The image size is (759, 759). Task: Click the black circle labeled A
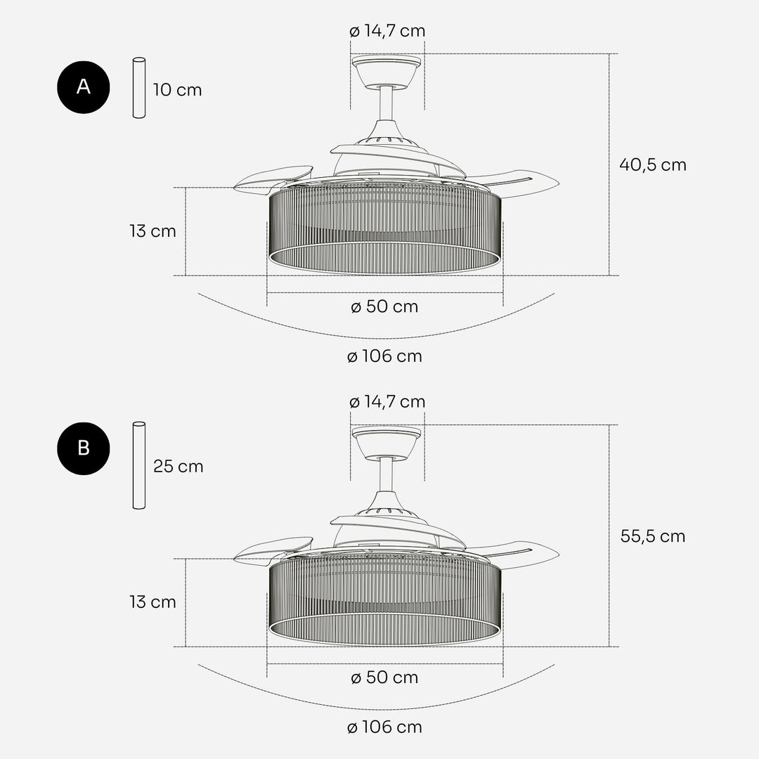click(83, 87)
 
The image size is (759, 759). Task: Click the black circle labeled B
click(83, 448)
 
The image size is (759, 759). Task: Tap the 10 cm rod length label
click(177, 90)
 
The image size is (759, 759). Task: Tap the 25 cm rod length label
click(178, 467)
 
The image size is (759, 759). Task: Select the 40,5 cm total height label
click(652, 165)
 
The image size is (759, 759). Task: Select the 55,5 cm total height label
click(652, 536)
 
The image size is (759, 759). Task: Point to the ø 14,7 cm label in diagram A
click(387, 31)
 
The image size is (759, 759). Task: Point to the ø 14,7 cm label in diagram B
click(387, 402)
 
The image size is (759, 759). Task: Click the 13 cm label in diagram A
click(153, 231)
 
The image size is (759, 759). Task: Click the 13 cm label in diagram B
click(153, 602)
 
